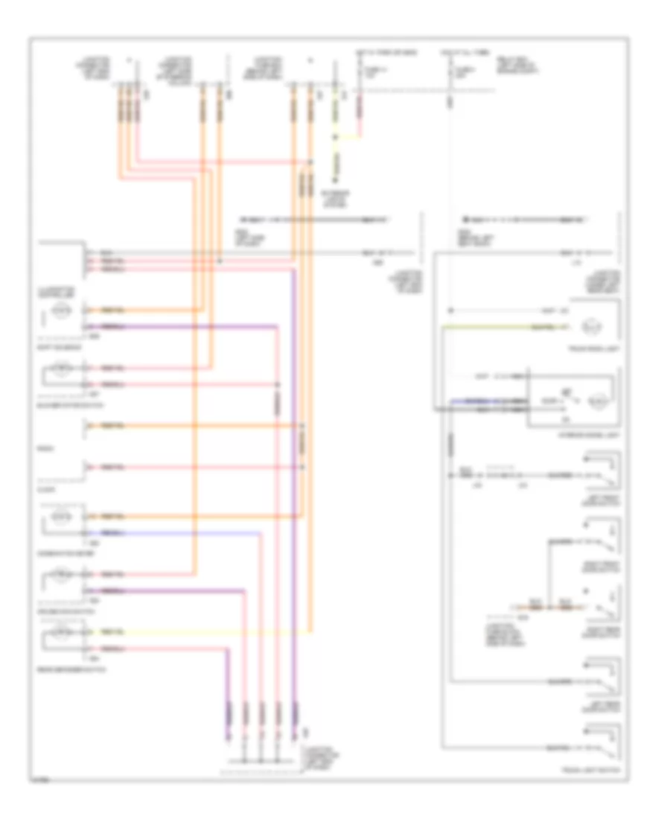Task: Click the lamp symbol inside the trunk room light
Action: click(x=588, y=326)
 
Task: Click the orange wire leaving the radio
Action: click(x=186, y=426)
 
